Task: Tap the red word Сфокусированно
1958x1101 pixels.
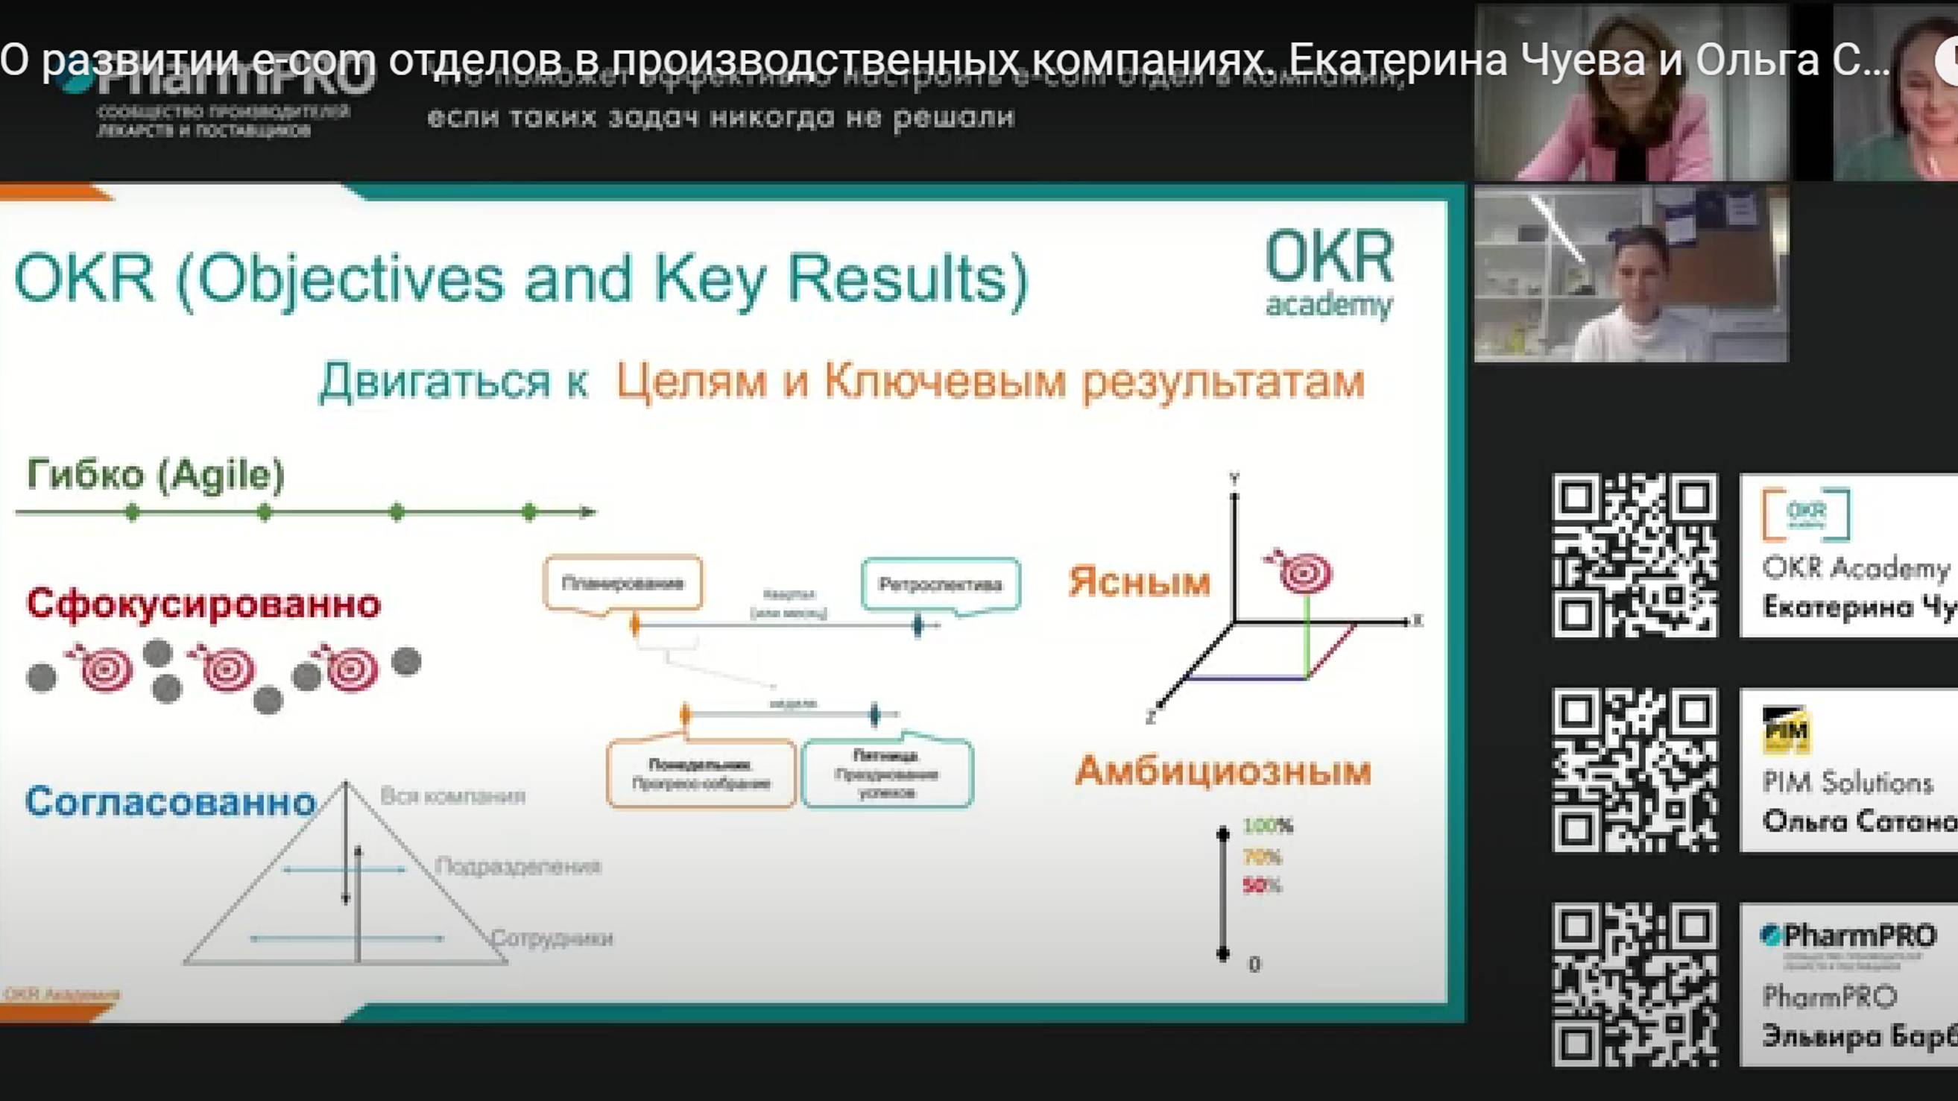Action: point(203,605)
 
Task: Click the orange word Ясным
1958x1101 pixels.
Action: point(1139,582)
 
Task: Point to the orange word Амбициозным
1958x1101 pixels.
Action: point(1223,771)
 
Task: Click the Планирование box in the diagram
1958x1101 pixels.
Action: point(622,583)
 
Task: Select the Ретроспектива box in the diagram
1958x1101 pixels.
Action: point(940,584)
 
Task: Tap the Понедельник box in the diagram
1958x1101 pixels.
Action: point(701,773)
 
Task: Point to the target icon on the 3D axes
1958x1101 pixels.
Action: point(1304,571)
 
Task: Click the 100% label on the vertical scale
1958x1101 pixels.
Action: point(1267,826)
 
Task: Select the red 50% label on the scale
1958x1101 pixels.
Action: point(1261,886)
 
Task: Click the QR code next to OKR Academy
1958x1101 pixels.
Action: point(1635,556)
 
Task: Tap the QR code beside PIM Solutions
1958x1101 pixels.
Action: point(1635,770)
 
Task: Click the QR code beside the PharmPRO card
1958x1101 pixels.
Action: point(1635,985)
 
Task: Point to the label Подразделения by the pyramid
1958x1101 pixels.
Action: point(517,866)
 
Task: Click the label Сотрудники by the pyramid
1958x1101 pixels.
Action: point(552,938)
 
